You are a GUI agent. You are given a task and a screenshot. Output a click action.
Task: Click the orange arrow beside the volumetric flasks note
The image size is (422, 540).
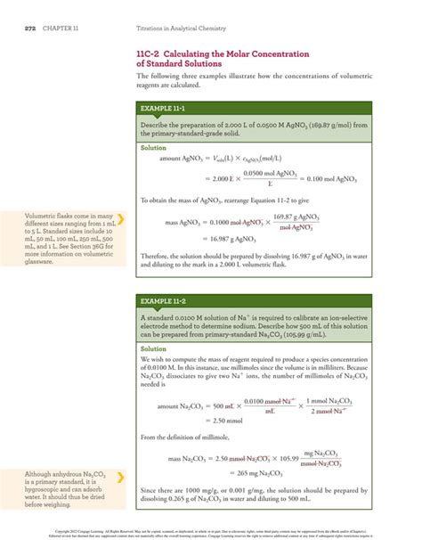point(120,217)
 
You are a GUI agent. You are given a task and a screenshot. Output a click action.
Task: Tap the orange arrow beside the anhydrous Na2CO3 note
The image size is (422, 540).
point(120,478)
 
